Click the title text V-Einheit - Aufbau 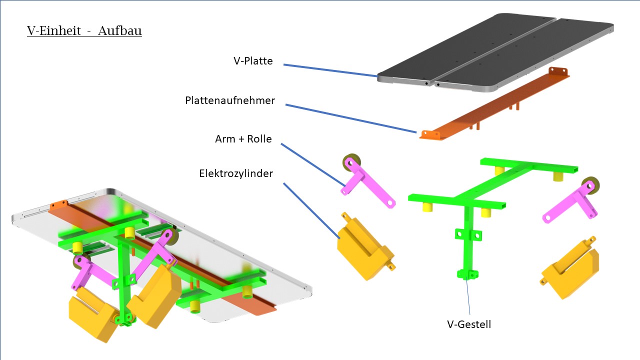tap(84, 31)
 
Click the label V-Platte tap(253, 61)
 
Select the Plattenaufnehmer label tap(230, 100)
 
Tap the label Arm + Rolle tap(243, 139)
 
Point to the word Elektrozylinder tap(236, 173)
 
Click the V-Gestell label tap(469, 324)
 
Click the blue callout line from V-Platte tap(330, 70)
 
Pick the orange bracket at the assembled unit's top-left tap(58, 204)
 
